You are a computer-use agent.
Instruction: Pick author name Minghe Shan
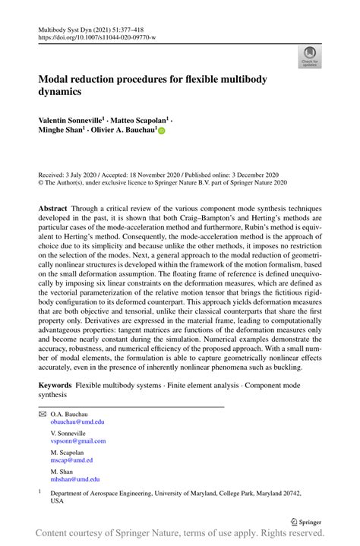(x=62, y=131)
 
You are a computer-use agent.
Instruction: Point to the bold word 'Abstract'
(x=56, y=207)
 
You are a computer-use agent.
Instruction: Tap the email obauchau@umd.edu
(x=77, y=421)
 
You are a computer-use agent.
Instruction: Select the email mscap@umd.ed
(x=72, y=460)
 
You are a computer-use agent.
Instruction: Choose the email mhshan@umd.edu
(x=74, y=479)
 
